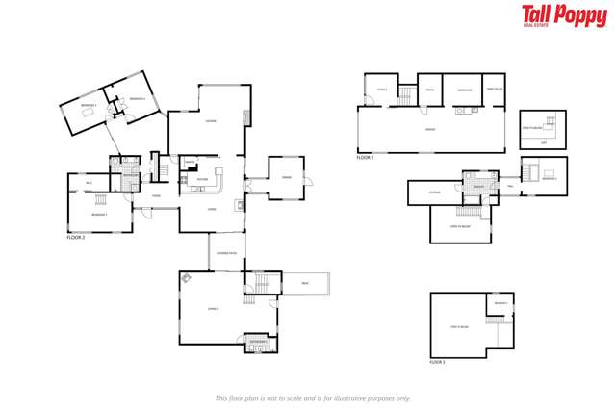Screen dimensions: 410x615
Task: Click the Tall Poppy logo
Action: pos(563,13)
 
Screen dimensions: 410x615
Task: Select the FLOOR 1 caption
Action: pos(365,157)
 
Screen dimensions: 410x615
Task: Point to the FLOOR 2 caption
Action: pos(76,237)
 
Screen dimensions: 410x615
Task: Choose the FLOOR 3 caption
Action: pos(437,362)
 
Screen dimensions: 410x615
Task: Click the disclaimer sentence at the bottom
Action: pos(312,397)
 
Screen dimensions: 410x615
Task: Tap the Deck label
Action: pos(304,283)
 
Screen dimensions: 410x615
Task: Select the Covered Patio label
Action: pos(226,252)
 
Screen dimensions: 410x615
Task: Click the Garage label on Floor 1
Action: pos(429,129)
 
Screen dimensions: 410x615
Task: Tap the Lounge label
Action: pos(210,120)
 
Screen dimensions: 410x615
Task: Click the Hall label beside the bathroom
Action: pos(509,187)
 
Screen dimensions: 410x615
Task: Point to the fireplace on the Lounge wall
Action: pos(247,117)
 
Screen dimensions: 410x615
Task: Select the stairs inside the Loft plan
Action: pos(551,123)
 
